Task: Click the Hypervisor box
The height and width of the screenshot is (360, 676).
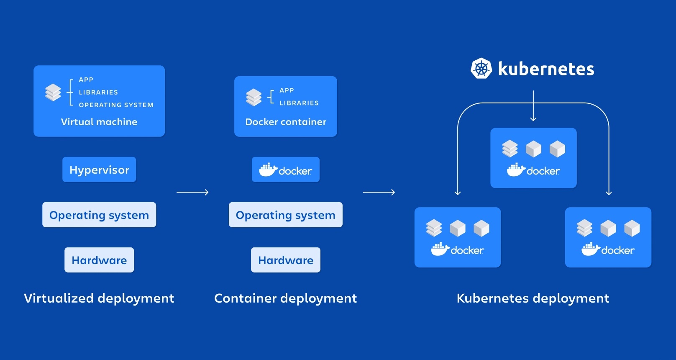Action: pyautogui.click(x=99, y=170)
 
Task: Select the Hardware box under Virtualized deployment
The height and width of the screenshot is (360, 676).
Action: pyautogui.click(x=99, y=260)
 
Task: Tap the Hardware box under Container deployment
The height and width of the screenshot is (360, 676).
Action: pyautogui.click(x=286, y=260)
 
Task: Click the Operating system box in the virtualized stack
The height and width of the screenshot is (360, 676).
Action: pyautogui.click(x=99, y=215)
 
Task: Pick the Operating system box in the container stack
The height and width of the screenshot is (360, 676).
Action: pyautogui.click(x=286, y=215)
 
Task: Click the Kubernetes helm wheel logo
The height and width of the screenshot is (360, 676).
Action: pyautogui.click(x=481, y=68)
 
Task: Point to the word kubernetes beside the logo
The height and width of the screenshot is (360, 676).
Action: pyautogui.click(x=546, y=69)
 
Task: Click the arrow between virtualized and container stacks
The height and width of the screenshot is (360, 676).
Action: pyautogui.click(x=192, y=192)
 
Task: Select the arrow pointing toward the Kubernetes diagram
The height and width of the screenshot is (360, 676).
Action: pyautogui.click(x=379, y=192)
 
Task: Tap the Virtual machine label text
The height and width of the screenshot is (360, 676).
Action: pyautogui.click(x=99, y=122)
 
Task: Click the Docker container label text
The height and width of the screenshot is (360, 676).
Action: pyautogui.click(x=286, y=122)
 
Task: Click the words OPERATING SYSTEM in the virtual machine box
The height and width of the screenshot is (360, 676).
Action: pyautogui.click(x=116, y=105)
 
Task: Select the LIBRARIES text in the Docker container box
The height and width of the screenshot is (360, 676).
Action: pyautogui.click(x=299, y=103)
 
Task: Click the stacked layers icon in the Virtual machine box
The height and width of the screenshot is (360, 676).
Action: pyautogui.click(x=53, y=93)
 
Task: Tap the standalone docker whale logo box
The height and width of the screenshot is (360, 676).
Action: pyautogui.click(x=286, y=170)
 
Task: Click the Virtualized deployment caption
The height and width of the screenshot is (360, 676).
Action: pyautogui.click(x=99, y=298)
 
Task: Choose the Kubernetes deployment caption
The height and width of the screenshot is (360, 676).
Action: pyautogui.click(x=533, y=298)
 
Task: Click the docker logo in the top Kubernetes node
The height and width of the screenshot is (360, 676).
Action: pyautogui.click(x=533, y=170)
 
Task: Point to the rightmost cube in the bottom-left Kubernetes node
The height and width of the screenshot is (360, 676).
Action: pyautogui.click(x=481, y=228)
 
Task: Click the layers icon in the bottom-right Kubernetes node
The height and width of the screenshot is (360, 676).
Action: pyautogui.click(x=584, y=228)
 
